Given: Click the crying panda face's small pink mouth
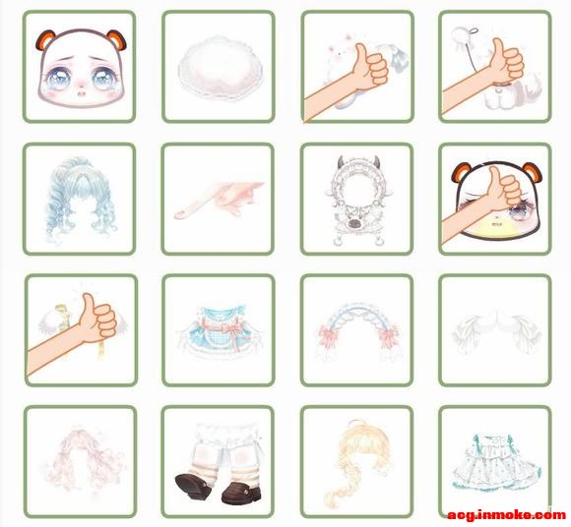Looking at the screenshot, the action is coord(81,93).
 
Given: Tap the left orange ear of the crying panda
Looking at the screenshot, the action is coord(44,39).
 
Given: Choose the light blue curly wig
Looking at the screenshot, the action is coord(81,199).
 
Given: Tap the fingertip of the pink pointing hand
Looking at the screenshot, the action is coord(179,215).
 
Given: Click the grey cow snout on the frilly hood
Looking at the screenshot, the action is coord(354,223).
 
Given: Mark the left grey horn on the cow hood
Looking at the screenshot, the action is coord(341,162).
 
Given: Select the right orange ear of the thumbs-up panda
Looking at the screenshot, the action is coord(532,173).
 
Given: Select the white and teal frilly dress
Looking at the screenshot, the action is coord(496,461).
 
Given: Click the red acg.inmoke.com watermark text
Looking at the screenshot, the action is coord(507,514).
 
